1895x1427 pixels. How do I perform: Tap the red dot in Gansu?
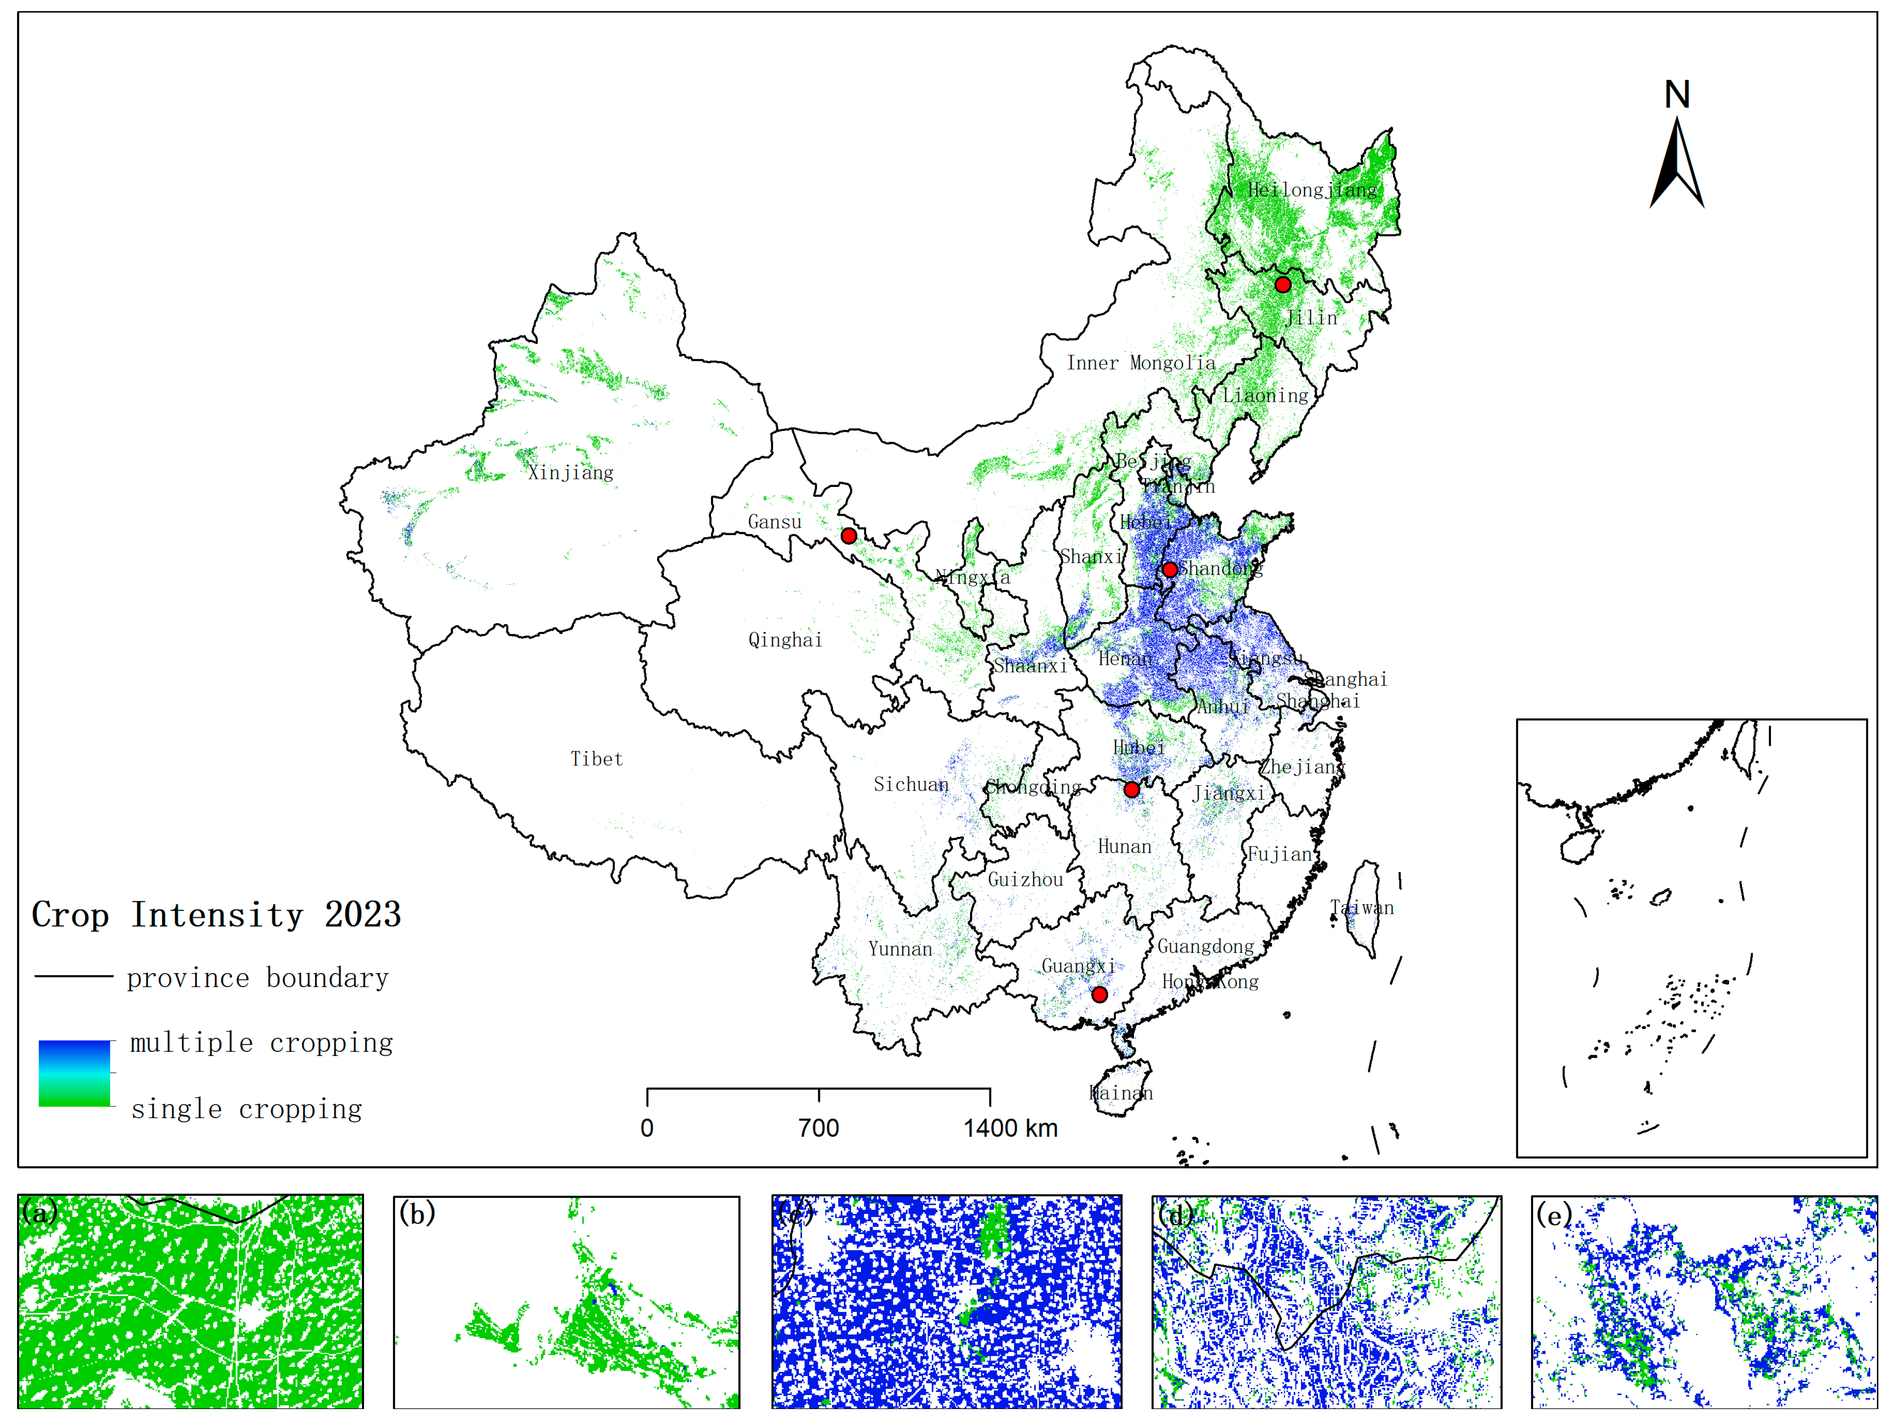(848, 536)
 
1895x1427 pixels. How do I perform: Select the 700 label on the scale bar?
(818, 1128)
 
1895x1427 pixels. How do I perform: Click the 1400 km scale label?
(1010, 1128)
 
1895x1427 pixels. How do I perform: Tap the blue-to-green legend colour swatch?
(74, 1073)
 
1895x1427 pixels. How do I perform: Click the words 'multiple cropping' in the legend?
(261, 1043)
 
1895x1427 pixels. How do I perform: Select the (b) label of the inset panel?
(417, 1214)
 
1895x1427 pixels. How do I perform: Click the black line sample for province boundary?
(73, 976)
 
